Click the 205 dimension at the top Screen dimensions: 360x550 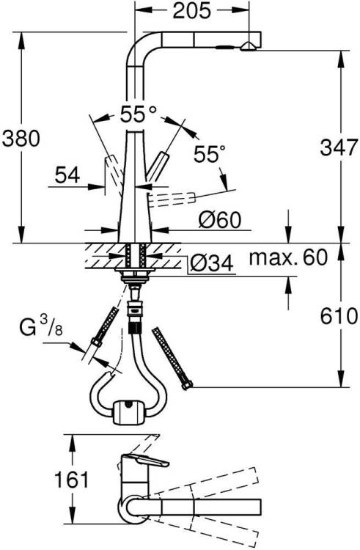click(192, 10)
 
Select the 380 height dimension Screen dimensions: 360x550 click(21, 138)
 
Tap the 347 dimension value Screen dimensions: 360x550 click(339, 147)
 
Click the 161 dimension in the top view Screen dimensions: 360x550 click(72, 479)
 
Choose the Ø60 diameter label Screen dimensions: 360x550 click(220, 220)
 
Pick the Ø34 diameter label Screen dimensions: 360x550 click(212, 263)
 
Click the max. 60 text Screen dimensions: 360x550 click(288, 257)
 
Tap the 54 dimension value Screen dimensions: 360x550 click(67, 175)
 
